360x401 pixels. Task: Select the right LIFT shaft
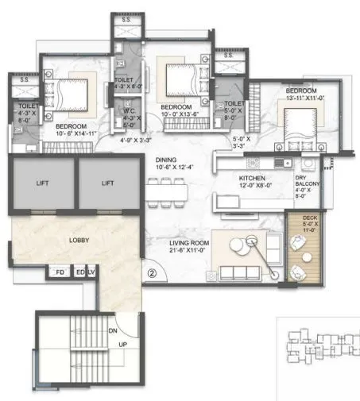tap(108, 183)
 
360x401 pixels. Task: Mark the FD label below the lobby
tap(59, 273)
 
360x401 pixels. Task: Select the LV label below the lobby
tap(91, 273)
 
